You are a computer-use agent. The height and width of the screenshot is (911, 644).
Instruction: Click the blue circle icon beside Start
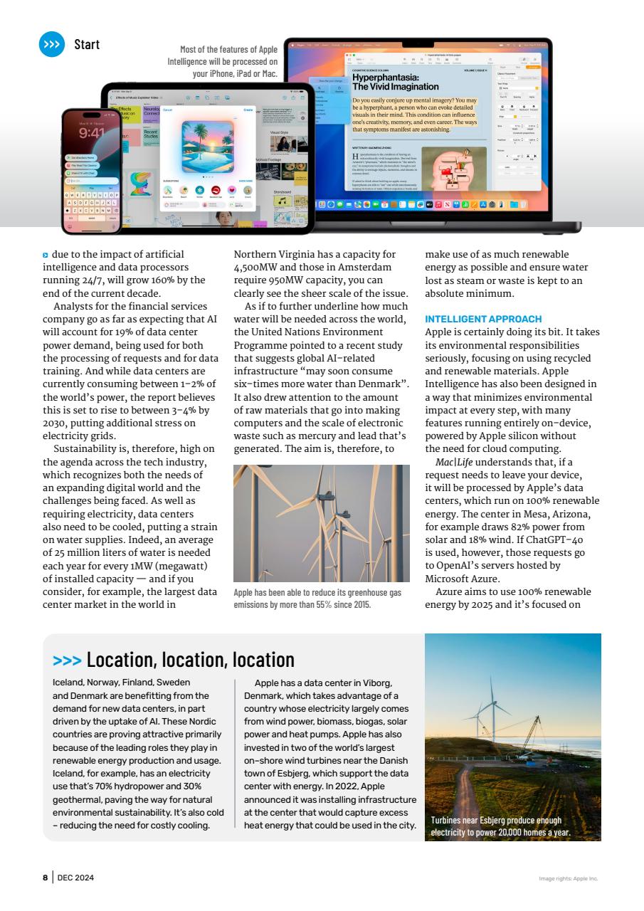click(x=51, y=44)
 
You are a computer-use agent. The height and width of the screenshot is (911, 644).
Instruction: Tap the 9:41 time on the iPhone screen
click(x=92, y=134)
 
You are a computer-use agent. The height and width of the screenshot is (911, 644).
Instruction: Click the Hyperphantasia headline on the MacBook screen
click(x=386, y=82)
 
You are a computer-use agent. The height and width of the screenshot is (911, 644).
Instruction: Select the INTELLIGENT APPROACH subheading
click(x=482, y=319)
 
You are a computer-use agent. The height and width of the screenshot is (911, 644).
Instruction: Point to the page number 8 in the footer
click(x=44, y=878)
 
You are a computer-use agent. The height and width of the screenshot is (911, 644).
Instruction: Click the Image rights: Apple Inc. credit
click(x=568, y=878)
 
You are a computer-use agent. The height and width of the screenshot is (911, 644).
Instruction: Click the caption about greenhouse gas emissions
click(x=317, y=599)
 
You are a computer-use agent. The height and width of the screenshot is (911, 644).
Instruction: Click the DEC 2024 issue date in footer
click(x=75, y=878)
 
